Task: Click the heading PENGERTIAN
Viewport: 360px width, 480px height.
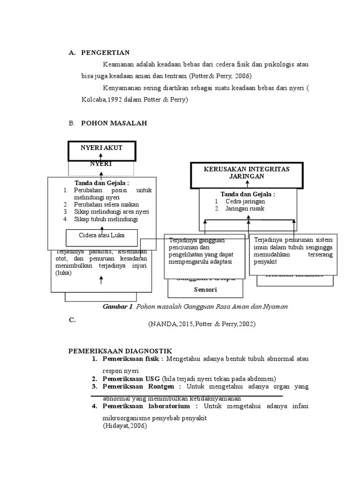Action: pyautogui.click(x=105, y=52)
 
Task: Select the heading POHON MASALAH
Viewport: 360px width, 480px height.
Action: pyautogui.click(x=114, y=123)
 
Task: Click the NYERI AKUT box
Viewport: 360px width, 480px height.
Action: pyautogui.click(x=102, y=148)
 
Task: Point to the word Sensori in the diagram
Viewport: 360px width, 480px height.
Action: pyautogui.click(x=205, y=290)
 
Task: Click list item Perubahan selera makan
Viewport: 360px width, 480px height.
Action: pyautogui.click(x=107, y=204)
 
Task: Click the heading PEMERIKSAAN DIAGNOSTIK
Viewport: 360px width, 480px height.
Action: pyautogui.click(x=120, y=351)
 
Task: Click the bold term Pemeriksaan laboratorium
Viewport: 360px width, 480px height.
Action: pyautogui.click(x=146, y=406)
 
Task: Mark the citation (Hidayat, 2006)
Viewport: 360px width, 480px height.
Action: pyautogui.click(x=125, y=426)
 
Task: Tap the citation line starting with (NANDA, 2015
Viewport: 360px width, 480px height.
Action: pyautogui.click(x=202, y=324)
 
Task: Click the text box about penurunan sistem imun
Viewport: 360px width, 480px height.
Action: pyautogui.click(x=293, y=254)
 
